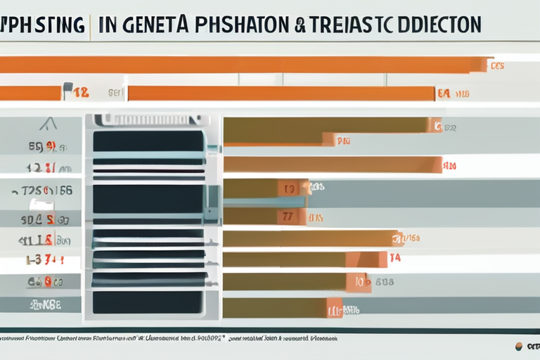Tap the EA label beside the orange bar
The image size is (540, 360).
coord(444,93)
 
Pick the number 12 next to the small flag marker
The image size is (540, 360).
coord(81,92)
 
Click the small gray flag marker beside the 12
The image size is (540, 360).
coord(68,89)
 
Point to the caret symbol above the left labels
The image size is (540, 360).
coord(48,124)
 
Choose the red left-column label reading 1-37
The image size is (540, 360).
coord(44,260)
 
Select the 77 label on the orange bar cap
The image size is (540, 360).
coord(288,217)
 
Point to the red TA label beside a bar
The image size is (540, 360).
coord(394,258)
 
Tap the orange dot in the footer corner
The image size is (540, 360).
coord(519,346)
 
